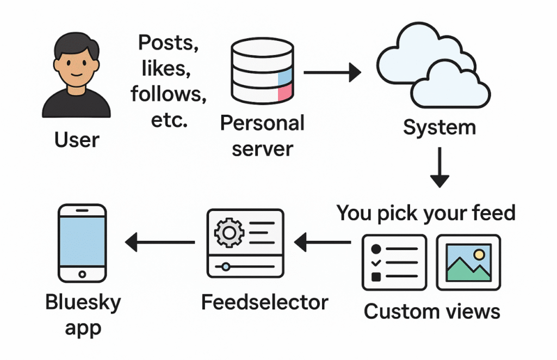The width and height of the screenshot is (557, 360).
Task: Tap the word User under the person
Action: tap(77, 140)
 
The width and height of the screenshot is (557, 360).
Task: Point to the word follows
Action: tap(168, 94)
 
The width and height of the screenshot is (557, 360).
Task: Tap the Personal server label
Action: tap(262, 135)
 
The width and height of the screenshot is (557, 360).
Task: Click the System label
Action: tap(439, 127)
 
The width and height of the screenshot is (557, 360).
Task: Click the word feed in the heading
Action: tap(492, 213)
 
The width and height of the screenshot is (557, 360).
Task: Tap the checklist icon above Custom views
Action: tap(394, 263)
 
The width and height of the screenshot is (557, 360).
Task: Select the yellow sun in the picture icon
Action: tap(479, 254)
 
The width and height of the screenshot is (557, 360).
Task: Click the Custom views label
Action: tap(431, 312)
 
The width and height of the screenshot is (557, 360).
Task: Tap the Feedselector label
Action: tap(265, 302)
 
